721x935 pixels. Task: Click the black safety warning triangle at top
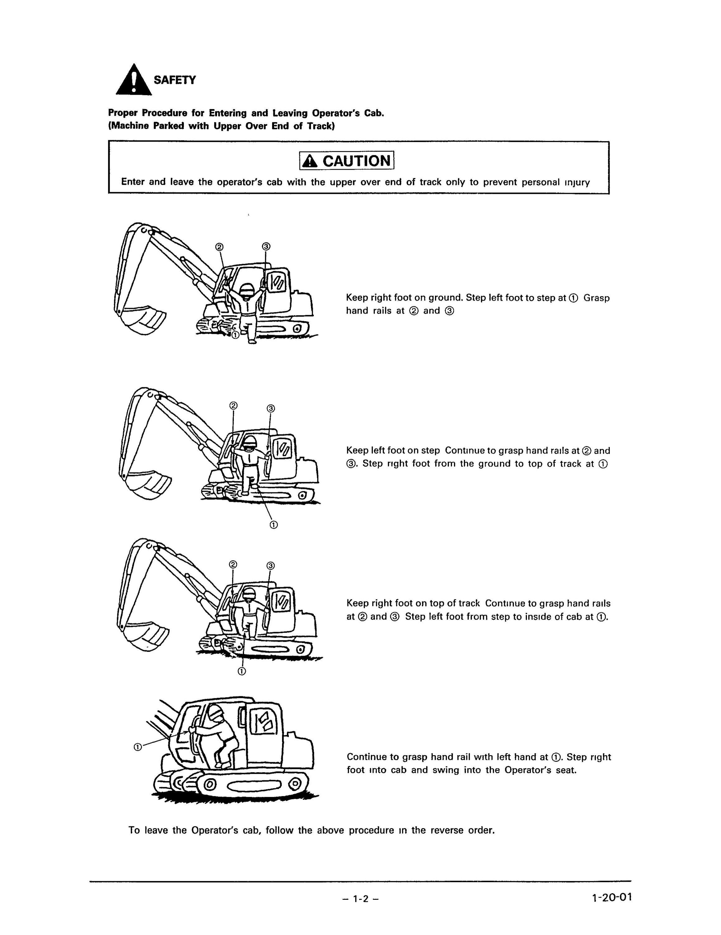tap(134, 80)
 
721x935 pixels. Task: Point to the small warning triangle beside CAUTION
tap(310, 161)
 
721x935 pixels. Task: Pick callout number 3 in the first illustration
tap(266, 247)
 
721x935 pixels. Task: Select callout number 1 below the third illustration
tap(242, 671)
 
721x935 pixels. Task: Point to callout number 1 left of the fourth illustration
tap(138, 747)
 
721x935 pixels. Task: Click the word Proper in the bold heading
tap(123, 113)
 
